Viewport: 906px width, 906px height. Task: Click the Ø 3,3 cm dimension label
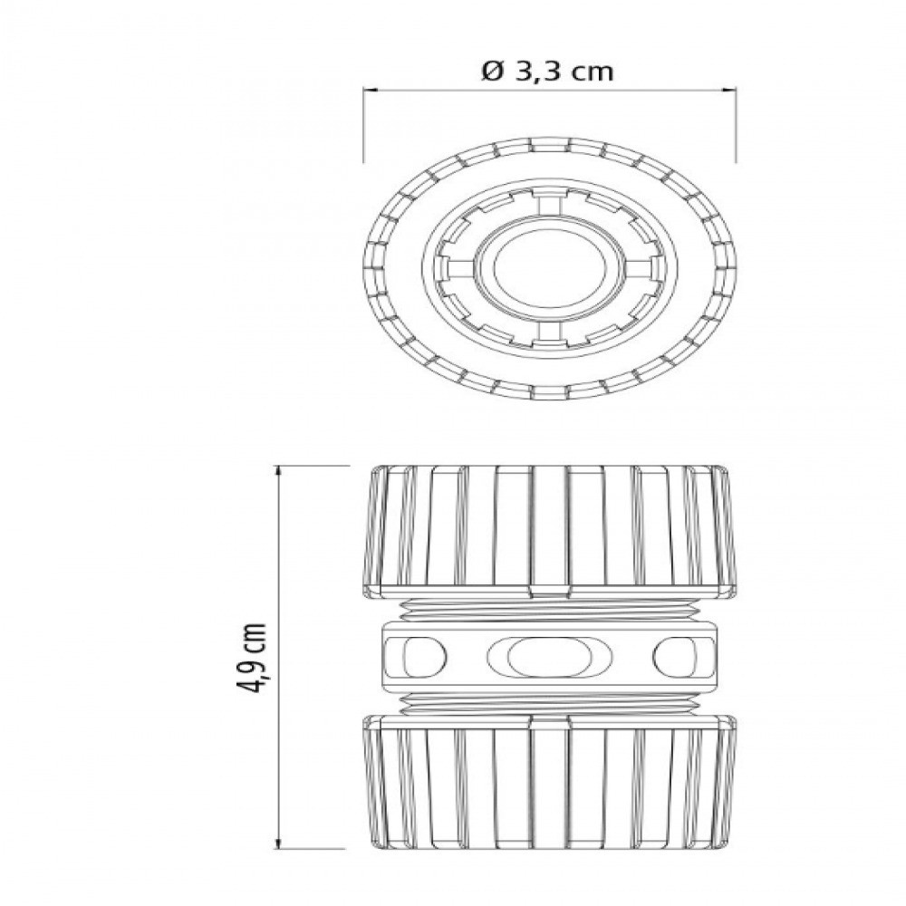tap(547, 72)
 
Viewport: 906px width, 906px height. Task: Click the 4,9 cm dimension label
tap(252, 658)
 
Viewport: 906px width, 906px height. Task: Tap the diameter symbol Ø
tap(493, 72)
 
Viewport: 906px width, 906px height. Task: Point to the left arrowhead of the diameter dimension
tap(370, 90)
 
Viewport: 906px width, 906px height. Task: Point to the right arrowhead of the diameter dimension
tap(729, 90)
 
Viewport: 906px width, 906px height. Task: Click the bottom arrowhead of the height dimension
tap(280, 842)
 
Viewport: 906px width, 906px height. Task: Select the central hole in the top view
tap(550, 269)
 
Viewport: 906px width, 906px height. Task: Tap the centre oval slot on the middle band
tap(550, 658)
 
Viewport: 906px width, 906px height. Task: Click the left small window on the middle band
tap(424, 658)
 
